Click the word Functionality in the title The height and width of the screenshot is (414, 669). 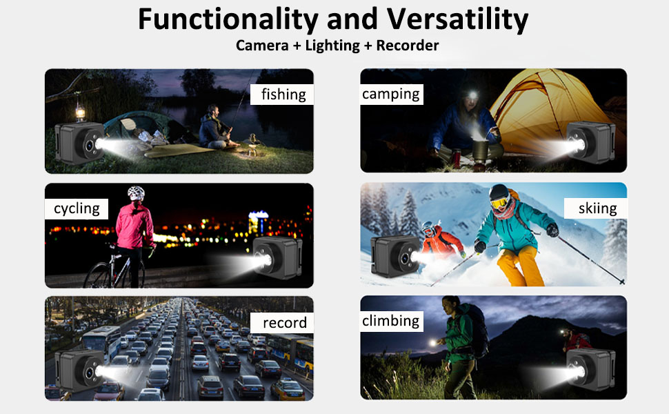click(x=228, y=19)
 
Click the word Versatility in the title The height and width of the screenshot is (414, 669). click(x=457, y=19)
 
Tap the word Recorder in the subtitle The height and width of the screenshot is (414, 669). click(x=408, y=46)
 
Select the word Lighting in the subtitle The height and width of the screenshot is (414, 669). click(x=332, y=46)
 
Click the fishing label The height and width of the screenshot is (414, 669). click(x=283, y=95)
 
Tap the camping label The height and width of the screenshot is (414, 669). click(x=391, y=94)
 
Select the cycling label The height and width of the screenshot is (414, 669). click(x=77, y=208)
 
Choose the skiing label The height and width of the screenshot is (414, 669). click(x=597, y=208)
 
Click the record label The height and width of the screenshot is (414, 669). click(x=285, y=323)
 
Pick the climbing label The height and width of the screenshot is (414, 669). click(x=391, y=321)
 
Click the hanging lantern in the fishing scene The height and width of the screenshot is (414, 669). click(x=80, y=111)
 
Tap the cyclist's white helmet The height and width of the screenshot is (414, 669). click(x=136, y=193)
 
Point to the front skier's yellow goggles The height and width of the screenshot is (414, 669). click(x=499, y=203)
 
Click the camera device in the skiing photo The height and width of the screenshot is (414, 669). click(x=395, y=256)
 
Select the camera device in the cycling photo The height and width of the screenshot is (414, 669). click(x=277, y=257)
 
